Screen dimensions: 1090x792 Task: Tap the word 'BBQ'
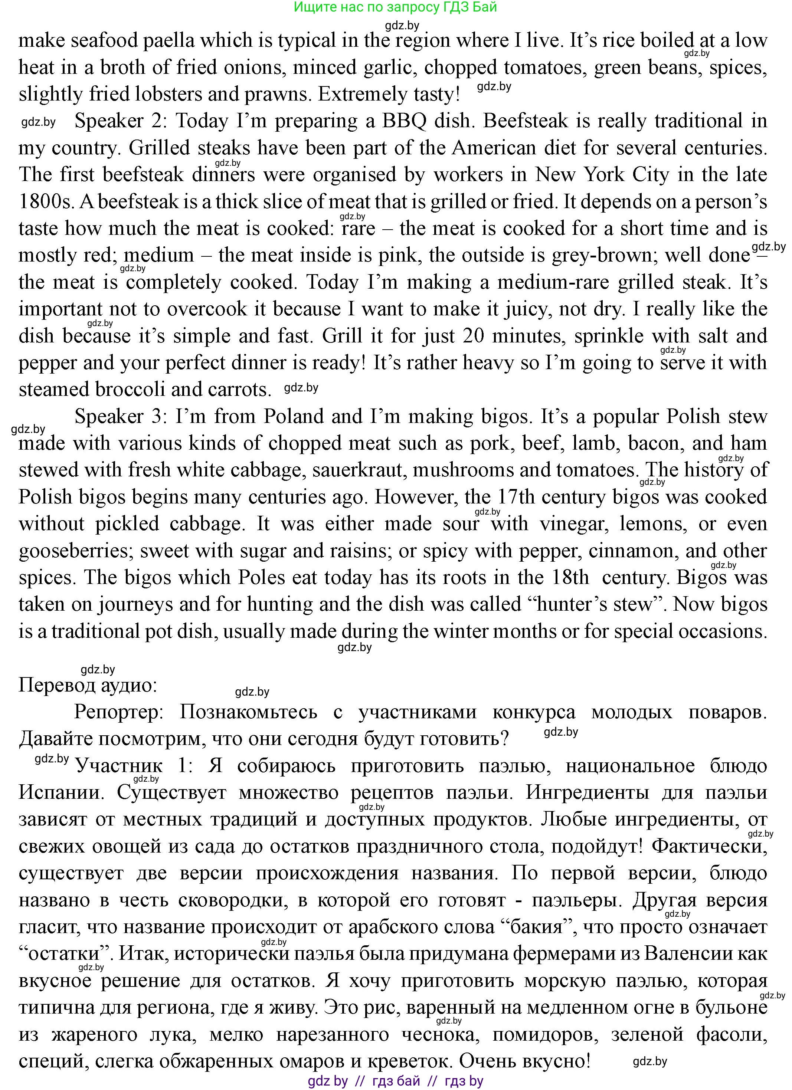point(403,121)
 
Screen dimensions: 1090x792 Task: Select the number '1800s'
point(45,202)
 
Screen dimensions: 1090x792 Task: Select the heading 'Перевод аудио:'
point(88,685)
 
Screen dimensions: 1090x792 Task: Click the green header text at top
point(395,7)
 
